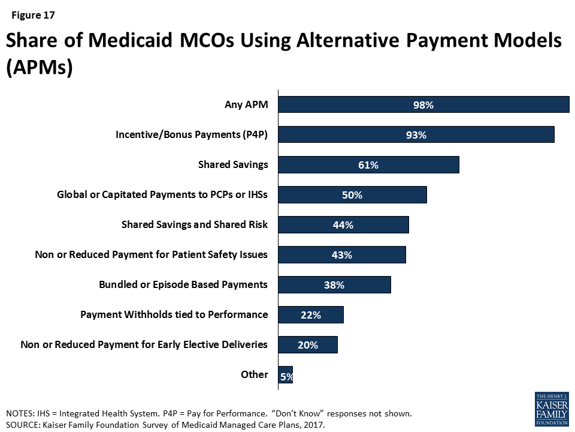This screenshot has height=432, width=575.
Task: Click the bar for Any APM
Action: click(x=423, y=105)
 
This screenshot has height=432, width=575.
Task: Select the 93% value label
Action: click(x=415, y=135)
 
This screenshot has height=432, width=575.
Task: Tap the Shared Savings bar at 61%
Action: click(x=368, y=165)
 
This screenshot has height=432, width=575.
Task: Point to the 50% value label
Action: click(x=352, y=195)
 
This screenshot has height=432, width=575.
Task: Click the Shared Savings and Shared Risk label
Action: click(x=195, y=224)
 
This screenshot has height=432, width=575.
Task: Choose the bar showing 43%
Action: click(x=342, y=255)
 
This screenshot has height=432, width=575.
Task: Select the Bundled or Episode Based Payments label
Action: click(x=183, y=284)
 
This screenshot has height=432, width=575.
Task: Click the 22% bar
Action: click(x=311, y=315)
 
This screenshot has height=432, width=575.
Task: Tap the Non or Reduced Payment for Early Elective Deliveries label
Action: click(x=144, y=344)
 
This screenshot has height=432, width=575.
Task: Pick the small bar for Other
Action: click(x=286, y=375)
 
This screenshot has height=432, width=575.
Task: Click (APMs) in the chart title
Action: click(x=39, y=67)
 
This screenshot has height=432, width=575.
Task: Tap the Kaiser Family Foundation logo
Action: click(x=551, y=409)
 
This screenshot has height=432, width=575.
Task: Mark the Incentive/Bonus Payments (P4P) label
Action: click(x=192, y=135)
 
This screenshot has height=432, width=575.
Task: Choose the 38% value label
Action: click(x=334, y=285)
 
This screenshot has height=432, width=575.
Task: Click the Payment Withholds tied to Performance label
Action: click(x=174, y=314)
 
